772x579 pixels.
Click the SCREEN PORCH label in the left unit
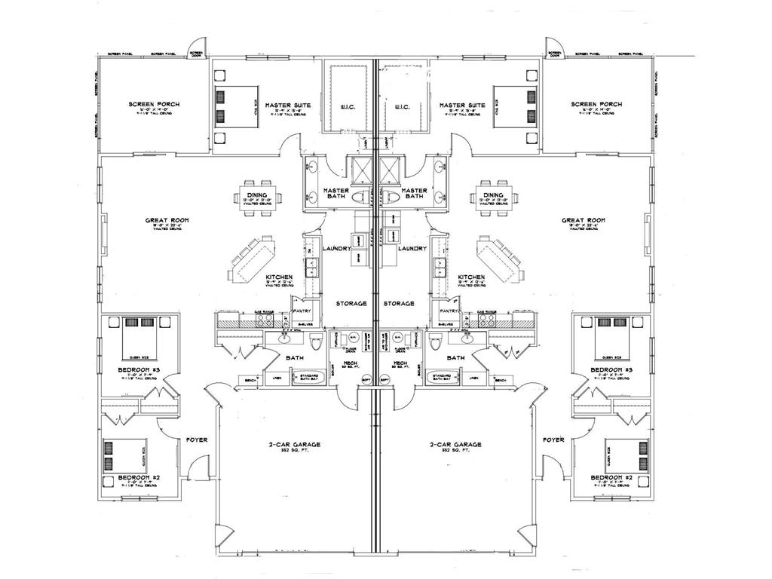(154, 104)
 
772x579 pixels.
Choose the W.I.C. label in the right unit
(400, 106)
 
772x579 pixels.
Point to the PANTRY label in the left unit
(303, 310)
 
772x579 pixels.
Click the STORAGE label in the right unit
(398, 303)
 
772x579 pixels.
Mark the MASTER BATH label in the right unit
(415, 194)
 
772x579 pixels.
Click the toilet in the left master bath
(363, 198)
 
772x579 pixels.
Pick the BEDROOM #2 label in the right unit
(611, 478)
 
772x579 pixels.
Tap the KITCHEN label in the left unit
(279, 277)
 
